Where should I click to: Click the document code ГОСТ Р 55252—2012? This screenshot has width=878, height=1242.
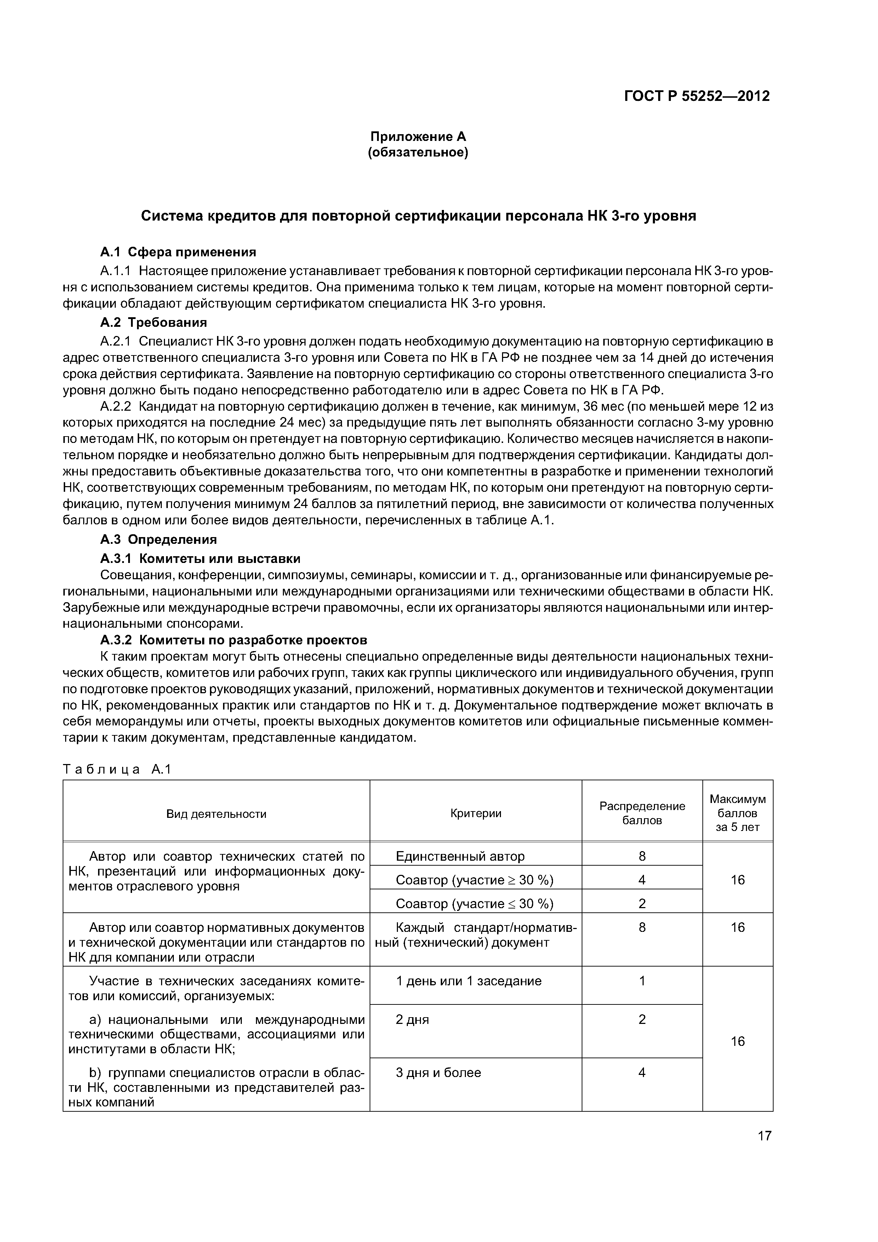tap(696, 96)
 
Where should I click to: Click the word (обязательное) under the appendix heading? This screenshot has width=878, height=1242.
tap(418, 153)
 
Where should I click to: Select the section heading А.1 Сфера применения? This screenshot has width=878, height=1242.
tap(178, 252)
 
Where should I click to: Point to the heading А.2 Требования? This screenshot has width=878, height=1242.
tap(154, 323)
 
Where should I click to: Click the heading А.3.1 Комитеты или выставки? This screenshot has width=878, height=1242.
tap(200, 558)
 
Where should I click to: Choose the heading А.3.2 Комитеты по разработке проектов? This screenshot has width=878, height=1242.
tap(234, 640)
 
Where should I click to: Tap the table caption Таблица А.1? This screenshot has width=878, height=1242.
tap(117, 769)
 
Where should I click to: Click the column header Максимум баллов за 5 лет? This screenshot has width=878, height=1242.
tap(737, 813)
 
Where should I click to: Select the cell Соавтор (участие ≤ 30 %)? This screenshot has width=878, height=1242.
tap(474, 904)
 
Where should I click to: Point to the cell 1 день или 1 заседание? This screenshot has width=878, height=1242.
tap(468, 981)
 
